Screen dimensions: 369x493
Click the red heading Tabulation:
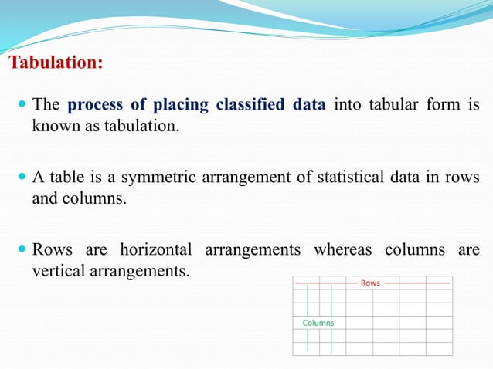[55, 62]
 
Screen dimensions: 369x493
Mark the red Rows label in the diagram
[370, 283]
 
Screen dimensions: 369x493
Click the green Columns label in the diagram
[318, 323]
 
